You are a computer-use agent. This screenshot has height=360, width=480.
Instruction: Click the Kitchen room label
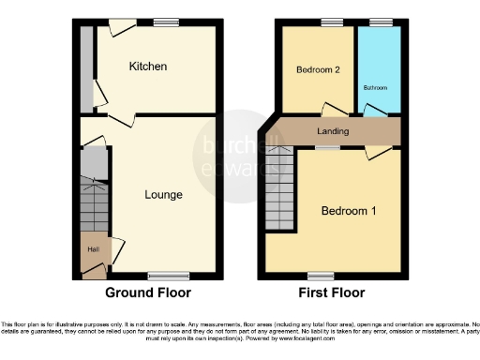point(148,67)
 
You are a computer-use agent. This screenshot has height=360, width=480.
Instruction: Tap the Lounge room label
point(163,195)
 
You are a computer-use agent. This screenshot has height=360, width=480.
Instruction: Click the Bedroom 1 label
point(349,210)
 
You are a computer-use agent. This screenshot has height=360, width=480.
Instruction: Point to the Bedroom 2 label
point(317,69)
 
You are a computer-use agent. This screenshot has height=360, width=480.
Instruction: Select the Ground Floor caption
point(147,292)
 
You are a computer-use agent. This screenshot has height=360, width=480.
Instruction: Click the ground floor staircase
point(94,202)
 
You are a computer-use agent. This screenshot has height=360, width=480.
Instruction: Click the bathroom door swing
point(374,111)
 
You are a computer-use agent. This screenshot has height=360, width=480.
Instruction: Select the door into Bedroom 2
point(332,109)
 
